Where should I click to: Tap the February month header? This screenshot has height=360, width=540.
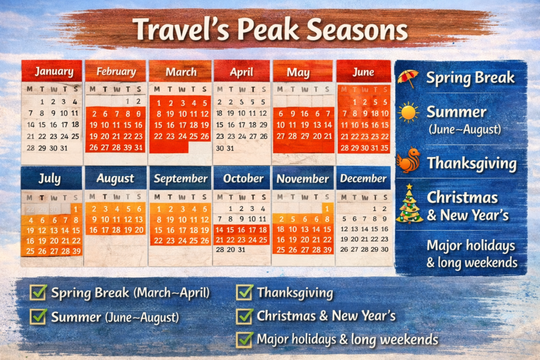tap(115, 71)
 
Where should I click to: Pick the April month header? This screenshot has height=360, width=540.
tap(241, 72)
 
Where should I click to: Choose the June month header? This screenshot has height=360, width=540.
tap(364, 72)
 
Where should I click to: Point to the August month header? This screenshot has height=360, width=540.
tap(115, 178)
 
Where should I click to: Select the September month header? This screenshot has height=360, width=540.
tap(180, 178)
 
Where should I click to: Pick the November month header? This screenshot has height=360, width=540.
tap(303, 178)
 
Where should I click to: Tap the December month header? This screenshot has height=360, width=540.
tap(363, 178)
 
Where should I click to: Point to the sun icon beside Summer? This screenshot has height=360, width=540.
tap(409, 112)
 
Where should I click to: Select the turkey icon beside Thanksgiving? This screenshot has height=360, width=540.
tap(409, 160)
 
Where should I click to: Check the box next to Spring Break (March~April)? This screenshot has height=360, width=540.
tap(38, 292)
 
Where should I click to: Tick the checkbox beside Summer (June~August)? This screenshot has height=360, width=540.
tap(38, 316)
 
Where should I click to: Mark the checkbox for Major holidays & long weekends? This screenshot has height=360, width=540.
tap(245, 339)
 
